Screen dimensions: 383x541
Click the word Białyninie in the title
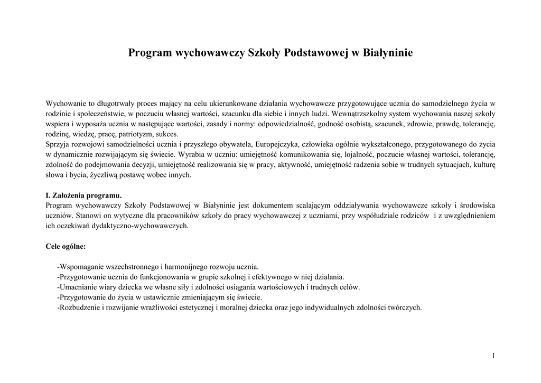(x=387, y=53)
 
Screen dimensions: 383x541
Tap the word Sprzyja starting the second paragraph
(x=59, y=144)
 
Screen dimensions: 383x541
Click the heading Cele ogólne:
(x=66, y=246)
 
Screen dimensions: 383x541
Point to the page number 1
(x=493, y=356)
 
